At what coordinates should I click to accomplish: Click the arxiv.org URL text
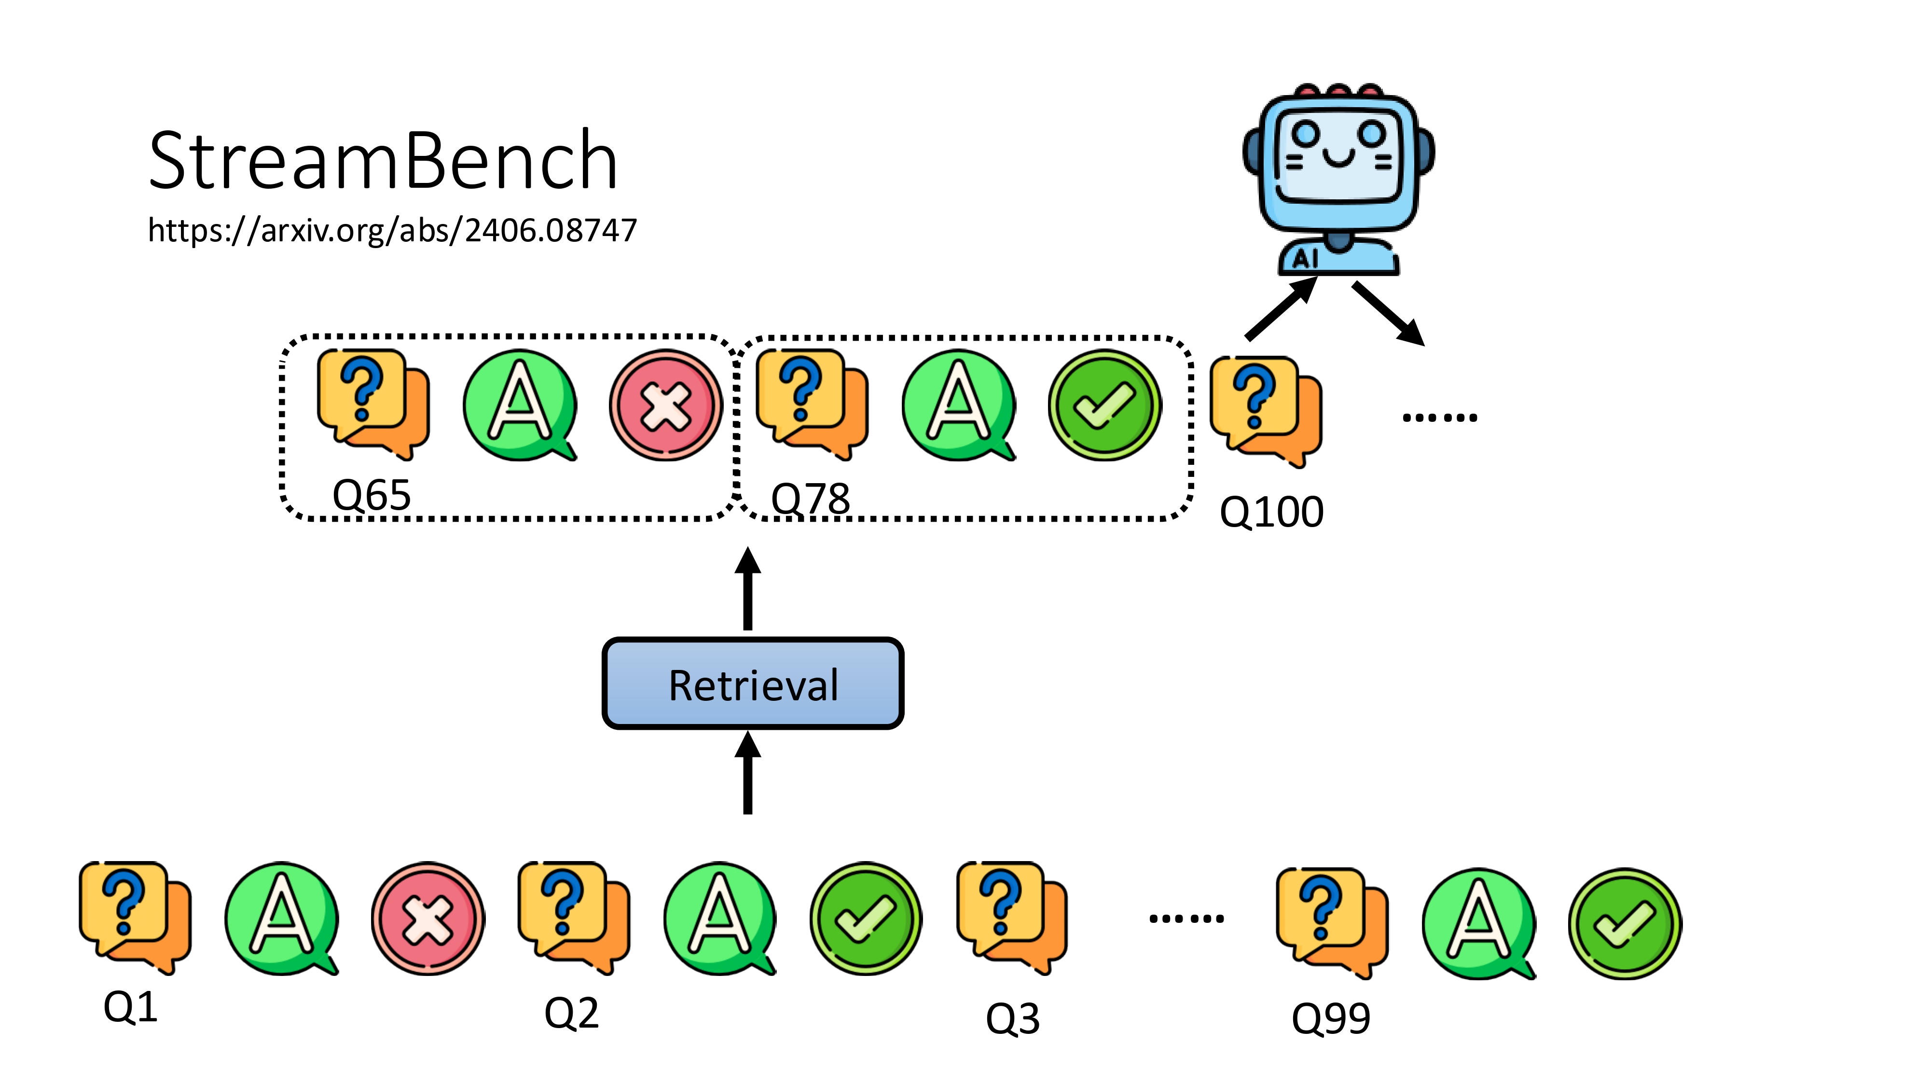[392, 230]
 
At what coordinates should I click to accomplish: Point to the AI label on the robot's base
[1304, 259]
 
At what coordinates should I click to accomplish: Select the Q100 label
[1271, 513]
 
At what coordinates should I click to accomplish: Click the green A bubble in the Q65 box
[519, 405]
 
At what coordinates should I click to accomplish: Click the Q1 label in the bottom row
[130, 1006]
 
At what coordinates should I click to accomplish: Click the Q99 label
[1331, 1018]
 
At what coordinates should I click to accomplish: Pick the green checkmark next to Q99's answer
[1624, 923]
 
